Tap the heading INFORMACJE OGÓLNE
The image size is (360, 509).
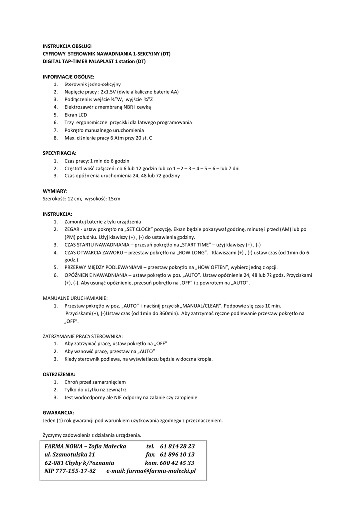68,77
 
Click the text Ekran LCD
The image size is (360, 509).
76,115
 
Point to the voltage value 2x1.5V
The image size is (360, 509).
109,92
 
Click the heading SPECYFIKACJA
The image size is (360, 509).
60,153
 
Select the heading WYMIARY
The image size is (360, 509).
55,191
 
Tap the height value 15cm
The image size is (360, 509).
114,199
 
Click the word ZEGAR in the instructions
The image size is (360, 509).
72,229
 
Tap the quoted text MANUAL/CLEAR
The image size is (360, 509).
205,306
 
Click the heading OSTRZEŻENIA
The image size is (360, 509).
59,374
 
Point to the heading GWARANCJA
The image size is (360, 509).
58,412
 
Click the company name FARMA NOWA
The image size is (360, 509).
64,446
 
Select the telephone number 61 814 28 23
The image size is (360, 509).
178,446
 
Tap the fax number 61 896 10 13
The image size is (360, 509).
178,454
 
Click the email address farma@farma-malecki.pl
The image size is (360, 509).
161,470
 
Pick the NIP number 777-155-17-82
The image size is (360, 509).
77,470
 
